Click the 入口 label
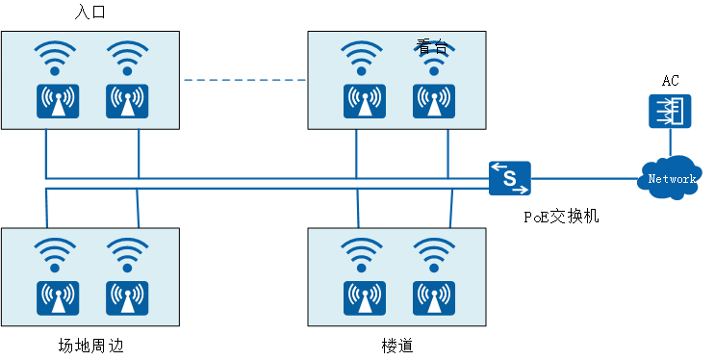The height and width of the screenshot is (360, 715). coord(89,12)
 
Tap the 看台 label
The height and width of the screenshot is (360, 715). coord(431,46)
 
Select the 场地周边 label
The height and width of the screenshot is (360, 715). coord(90,346)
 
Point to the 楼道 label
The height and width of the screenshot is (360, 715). coord(397,346)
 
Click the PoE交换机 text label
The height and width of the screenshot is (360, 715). coord(561,217)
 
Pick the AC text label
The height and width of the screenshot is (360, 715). coord(671,81)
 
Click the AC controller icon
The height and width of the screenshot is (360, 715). coord(670,112)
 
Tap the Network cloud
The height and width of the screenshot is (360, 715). coord(670,177)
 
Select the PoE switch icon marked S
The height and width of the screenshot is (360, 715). coord(510,178)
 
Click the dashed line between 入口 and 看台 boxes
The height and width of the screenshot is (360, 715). coord(244,80)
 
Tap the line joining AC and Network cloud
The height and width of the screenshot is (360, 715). coord(671,142)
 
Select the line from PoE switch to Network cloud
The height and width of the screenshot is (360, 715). coord(584,178)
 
